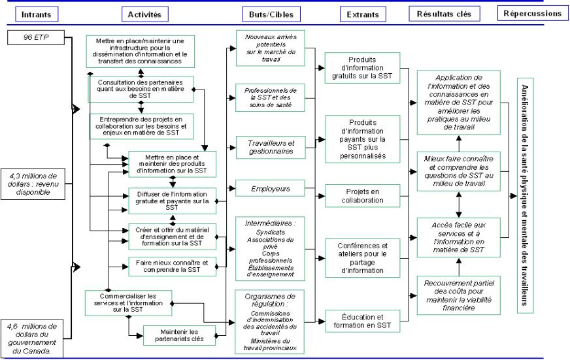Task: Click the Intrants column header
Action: click(37, 13)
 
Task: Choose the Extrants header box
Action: click(361, 14)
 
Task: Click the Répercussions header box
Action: click(532, 12)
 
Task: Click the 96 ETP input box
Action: click(37, 37)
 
